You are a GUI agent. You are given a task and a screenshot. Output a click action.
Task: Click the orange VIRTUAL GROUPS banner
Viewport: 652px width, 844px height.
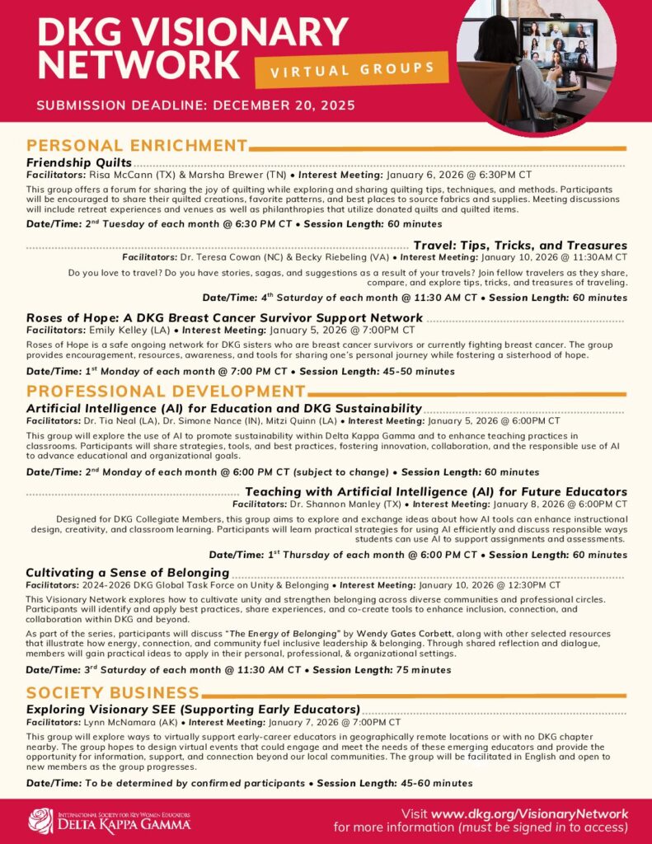(351, 68)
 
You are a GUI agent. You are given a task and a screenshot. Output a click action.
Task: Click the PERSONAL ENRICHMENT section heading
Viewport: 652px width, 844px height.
(137, 146)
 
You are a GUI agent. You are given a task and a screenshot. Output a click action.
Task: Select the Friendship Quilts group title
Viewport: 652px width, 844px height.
(79, 162)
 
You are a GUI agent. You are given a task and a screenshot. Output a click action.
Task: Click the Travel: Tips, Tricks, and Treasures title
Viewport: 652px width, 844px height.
(520, 246)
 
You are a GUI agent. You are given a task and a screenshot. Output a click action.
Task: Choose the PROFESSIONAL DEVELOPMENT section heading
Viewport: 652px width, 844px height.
(166, 391)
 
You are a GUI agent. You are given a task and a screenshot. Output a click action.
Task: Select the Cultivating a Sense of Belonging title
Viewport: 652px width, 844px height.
(128, 572)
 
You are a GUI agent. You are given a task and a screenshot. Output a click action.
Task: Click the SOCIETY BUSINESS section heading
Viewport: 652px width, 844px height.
(113, 692)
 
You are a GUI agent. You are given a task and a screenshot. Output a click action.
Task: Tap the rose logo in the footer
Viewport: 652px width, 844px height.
(40, 821)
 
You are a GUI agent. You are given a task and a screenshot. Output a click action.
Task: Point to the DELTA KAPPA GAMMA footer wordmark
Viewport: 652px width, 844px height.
(124, 825)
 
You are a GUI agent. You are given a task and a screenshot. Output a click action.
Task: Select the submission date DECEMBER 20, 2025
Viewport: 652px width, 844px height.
(273, 105)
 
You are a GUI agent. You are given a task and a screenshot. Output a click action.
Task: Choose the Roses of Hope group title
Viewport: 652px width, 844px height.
(224, 317)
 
